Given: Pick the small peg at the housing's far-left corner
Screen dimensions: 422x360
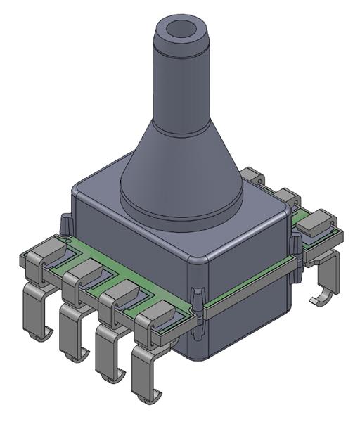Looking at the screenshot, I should pyautogui.click(x=65, y=224).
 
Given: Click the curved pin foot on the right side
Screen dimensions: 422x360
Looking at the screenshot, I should pyautogui.click(x=323, y=295).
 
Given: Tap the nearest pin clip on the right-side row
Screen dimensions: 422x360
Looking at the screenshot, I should pyautogui.click(x=316, y=224).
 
